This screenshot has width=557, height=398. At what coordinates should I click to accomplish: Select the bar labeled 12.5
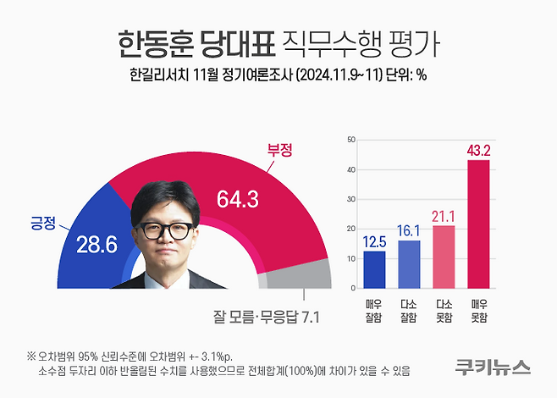[375, 269]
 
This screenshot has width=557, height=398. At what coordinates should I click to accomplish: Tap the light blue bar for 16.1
[409, 264]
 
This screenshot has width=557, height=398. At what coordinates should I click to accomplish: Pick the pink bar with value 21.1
[444, 257]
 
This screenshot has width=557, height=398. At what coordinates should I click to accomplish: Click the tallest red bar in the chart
[478, 224]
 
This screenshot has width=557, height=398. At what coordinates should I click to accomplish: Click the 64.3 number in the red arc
[237, 200]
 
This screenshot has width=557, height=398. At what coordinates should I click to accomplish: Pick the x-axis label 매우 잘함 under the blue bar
[375, 311]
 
